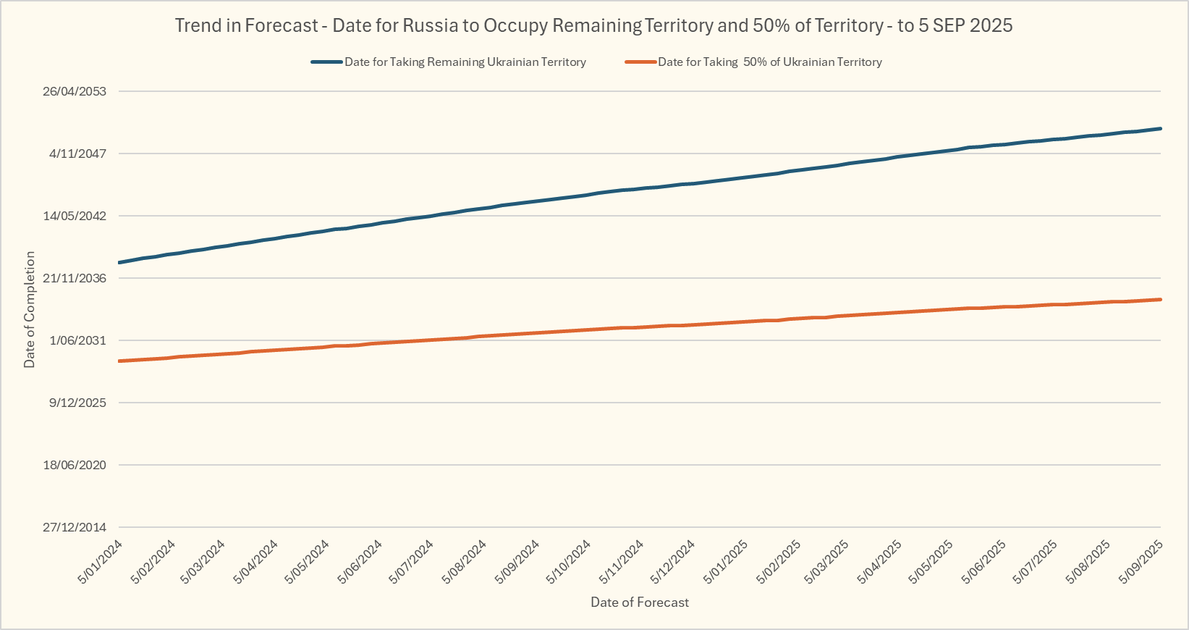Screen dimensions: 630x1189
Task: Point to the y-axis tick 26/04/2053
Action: point(75,91)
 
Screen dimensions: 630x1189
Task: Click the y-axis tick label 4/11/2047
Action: point(77,154)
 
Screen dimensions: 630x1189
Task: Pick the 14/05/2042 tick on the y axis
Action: point(75,216)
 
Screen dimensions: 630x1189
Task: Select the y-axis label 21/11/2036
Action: point(75,278)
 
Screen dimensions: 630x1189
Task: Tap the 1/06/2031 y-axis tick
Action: point(77,340)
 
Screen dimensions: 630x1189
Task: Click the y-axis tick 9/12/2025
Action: point(77,403)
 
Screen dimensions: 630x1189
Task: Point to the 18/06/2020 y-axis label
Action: point(75,465)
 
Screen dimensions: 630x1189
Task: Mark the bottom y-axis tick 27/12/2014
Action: point(75,527)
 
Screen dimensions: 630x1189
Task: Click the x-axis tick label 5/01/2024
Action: point(101,561)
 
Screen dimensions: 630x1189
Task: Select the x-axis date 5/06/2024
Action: point(360,561)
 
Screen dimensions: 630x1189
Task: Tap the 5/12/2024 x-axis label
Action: point(673,561)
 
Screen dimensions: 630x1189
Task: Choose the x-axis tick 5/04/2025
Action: point(880,561)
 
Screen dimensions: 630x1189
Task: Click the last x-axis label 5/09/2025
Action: point(1141,561)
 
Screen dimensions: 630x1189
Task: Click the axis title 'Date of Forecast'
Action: point(640,602)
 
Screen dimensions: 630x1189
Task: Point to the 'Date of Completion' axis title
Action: point(30,309)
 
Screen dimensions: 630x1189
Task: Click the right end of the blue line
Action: point(1160,129)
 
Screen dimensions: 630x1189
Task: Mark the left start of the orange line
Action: point(119,361)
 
